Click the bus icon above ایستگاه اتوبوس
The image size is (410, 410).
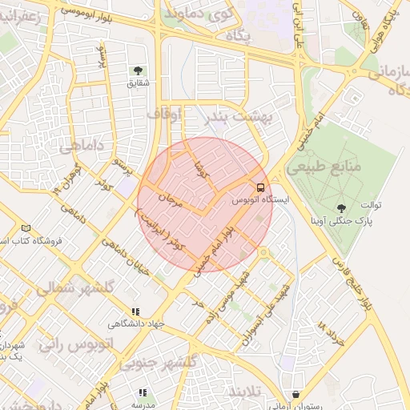coord(259,187)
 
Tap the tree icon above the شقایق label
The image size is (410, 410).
coord(139,70)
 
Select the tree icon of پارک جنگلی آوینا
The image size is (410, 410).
coord(344,207)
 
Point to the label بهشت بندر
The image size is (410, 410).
coord(237,117)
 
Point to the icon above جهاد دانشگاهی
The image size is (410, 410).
coord(135,312)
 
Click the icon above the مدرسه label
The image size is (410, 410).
coord(142,392)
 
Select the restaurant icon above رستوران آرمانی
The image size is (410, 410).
coord(297,394)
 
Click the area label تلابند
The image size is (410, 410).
coord(245,392)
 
